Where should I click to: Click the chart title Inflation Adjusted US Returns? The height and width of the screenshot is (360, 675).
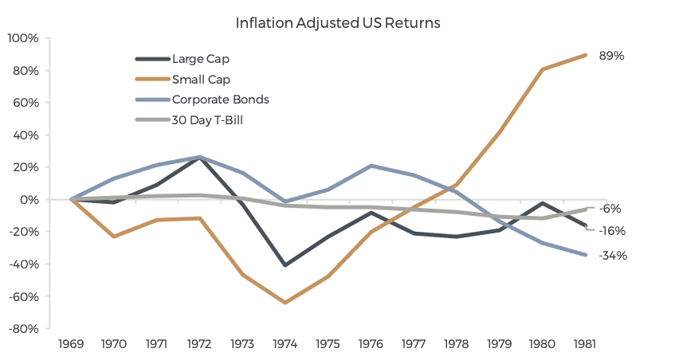337,22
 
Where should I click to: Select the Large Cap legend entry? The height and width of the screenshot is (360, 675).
201,58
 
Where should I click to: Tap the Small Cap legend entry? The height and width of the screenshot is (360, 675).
201,79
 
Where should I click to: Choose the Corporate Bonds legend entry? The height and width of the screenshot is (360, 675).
220,100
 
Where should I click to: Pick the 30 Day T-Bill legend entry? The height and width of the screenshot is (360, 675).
208,120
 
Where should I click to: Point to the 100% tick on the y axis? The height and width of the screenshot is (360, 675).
22,37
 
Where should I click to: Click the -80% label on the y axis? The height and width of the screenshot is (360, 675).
22,327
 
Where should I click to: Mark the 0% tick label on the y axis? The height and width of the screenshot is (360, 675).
29,199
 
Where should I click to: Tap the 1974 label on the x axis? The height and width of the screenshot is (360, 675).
285,345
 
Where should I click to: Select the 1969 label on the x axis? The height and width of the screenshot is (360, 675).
72,345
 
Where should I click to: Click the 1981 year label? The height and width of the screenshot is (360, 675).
585,345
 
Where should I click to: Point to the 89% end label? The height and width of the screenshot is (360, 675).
612,56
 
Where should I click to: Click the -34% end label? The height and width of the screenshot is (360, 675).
614,256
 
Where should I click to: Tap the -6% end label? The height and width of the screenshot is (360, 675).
612,209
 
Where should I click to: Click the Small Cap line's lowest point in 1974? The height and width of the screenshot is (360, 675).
285,303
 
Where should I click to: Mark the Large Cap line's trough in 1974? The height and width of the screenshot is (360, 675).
285,265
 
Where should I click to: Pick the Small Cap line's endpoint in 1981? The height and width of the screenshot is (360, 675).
586,55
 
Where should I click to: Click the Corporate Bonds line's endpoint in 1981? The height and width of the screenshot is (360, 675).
586,255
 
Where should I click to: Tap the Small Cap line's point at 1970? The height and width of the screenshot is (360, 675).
114,237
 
